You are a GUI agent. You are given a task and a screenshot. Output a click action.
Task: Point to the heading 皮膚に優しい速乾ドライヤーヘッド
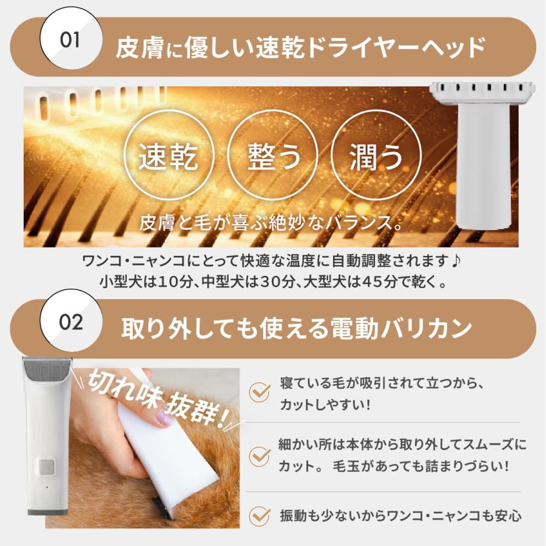pyautogui.click(x=300, y=47)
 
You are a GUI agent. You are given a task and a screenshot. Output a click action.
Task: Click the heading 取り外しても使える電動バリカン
pyautogui.click(x=297, y=329)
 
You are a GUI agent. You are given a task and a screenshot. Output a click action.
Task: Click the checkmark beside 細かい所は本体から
pyautogui.click(x=260, y=455)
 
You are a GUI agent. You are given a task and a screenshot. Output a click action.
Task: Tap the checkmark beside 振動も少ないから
pyautogui.click(x=260, y=516)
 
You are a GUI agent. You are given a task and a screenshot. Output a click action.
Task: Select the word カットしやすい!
pyautogui.click(x=325, y=405)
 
